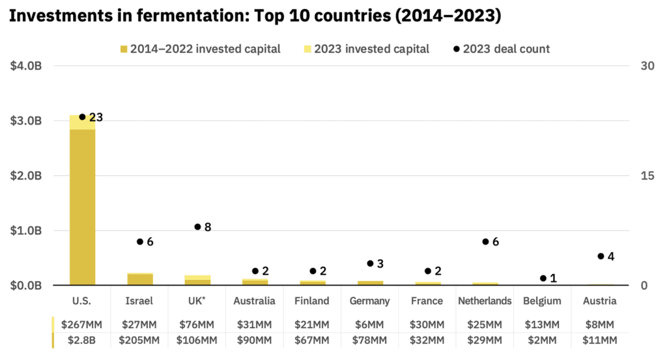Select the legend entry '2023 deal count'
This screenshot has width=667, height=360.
(x=502, y=49)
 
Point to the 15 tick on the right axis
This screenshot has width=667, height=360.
(x=647, y=176)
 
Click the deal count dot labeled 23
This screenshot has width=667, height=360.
(x=82, y=117)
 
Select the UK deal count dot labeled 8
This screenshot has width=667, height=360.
(x=197, y=227)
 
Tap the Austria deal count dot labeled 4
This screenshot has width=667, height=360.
(x=601, y=256)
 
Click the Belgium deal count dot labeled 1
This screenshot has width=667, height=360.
(x=543, y=278)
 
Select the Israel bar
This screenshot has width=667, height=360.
(x=140, y=279)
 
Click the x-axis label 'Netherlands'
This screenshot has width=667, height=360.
(x=485, y=301)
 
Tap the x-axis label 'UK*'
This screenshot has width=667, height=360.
(x=197, y=301)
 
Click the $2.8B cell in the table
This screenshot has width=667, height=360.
(x=82, y=340)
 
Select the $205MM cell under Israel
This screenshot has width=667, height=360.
(x=140, y=340)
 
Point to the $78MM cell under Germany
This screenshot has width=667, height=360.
(x=370, y=340)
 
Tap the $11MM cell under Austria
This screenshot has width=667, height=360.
(x=600, y=340)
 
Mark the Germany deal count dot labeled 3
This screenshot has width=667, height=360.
(x=370, y=264)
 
